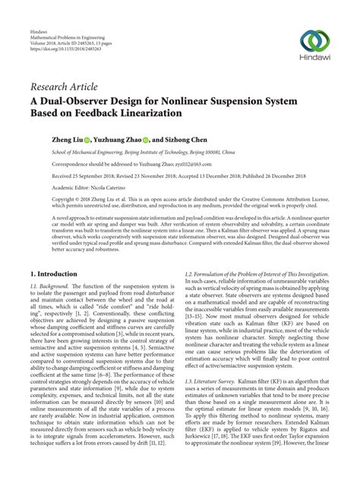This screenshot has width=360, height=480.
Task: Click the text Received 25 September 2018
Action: tap(69, 175)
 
